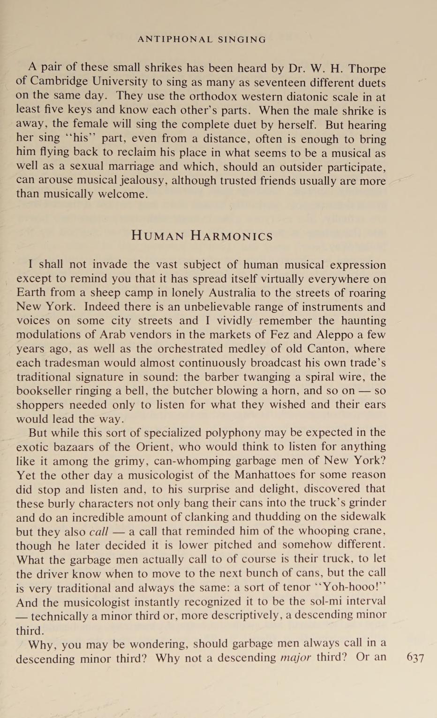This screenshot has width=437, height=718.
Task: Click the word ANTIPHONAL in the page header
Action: click(x=175, y=40)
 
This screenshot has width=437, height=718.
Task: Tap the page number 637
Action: click(x=415, y=657)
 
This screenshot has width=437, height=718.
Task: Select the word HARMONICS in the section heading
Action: click(x=232, y=236)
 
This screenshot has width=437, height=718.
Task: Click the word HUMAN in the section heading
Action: click(x=158, y=236)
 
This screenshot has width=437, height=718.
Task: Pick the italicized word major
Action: click(x=295, y=657)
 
